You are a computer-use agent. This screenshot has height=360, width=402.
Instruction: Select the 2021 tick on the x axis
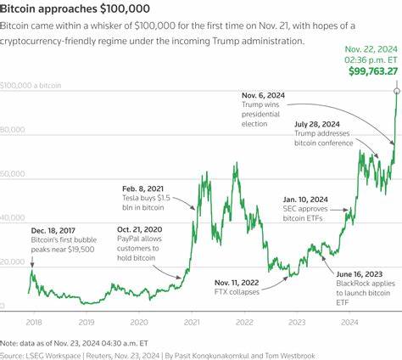click(x=192, y=322)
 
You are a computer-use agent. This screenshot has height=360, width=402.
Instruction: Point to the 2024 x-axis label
click(x=348, y=322)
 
